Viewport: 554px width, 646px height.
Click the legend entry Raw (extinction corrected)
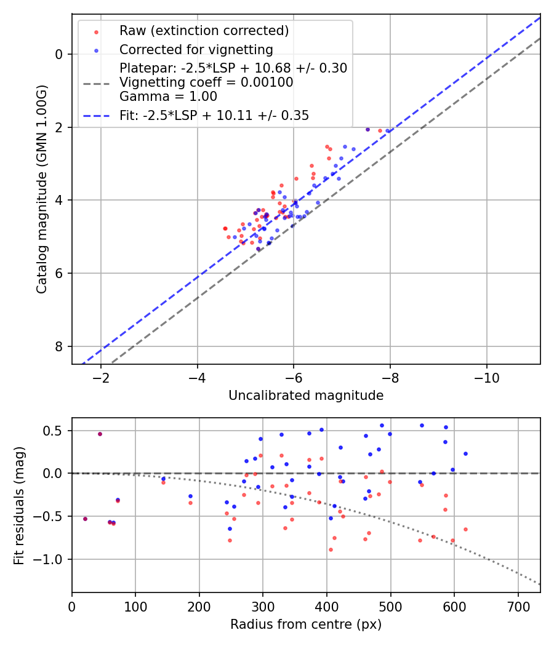pyautogui.click(x=204, y=31)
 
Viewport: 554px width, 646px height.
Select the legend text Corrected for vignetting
pyautogui.click(x=196, y=49)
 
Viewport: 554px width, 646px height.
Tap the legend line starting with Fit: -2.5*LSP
pyautogui.click(x=214, y=115)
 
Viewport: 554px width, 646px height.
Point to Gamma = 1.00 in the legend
pyautogui.click(x=168, y=96)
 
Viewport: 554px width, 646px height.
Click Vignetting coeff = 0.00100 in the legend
pyautogui.click(x=206, y=82)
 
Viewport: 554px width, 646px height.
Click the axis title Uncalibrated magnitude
pyautogui.click(x=306, y=396)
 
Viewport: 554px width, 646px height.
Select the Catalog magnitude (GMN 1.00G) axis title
pyautogui.click(x=42, y=188)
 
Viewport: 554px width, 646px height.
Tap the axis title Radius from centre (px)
pyautogui.click(x=306, y=624)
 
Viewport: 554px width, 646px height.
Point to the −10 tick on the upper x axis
pyautogui.click(x=486, y=376)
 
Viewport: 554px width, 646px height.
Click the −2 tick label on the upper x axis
pyautogui.click(x=101, y=376)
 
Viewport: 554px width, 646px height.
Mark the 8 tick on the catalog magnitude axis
pyautogui.click(x=60, y=346)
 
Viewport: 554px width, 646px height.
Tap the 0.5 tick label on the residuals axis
pyautogui.click(x=57, y=431)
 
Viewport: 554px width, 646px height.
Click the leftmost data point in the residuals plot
pyautogui.click(x=85, y=519)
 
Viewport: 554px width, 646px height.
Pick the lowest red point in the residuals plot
pyautogui.click(x=331, y=549)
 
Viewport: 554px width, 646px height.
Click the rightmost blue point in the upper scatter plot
pyautogui.click(x=387, y=131)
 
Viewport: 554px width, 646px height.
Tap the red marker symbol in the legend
pyautogui.click(x=97, y=31)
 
